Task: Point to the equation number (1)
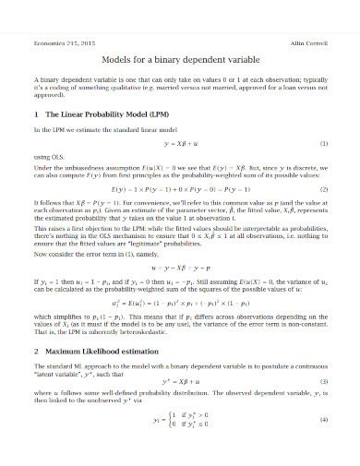pyautogui.click(x=323, y=171)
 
